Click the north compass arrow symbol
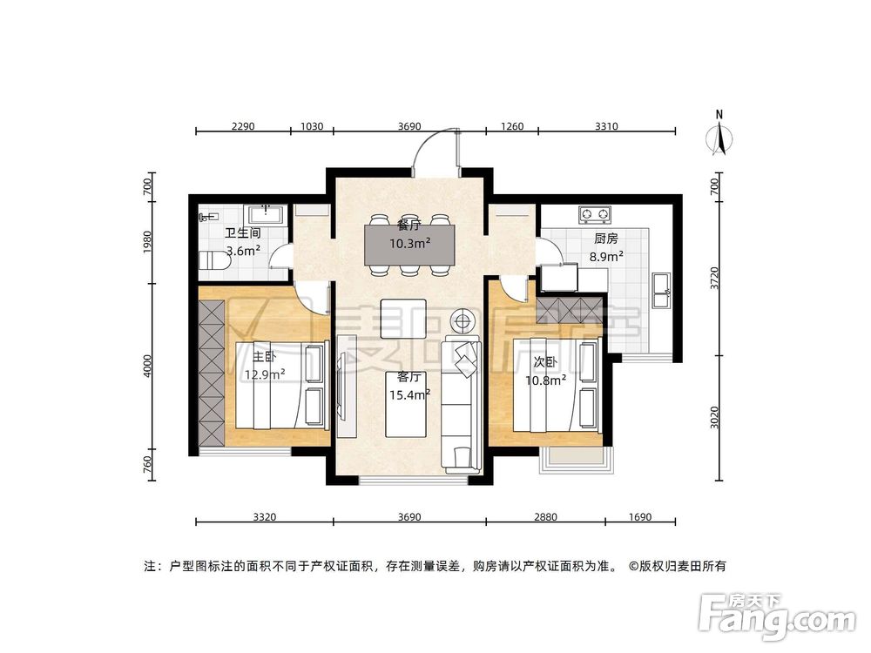coord(719,138)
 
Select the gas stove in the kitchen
coord(595,213)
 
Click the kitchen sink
coord(661,289)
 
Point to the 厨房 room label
coord(605,238)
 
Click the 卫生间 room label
coord(243,233)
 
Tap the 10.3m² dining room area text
coord(409,243)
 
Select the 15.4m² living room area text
coord(409,394)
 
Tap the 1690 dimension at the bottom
coord(639,517)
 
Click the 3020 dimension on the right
coord(715,418)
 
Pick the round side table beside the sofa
coord(462,320)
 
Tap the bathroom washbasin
coord(264,214)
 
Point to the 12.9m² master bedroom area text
coord(265,375)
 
